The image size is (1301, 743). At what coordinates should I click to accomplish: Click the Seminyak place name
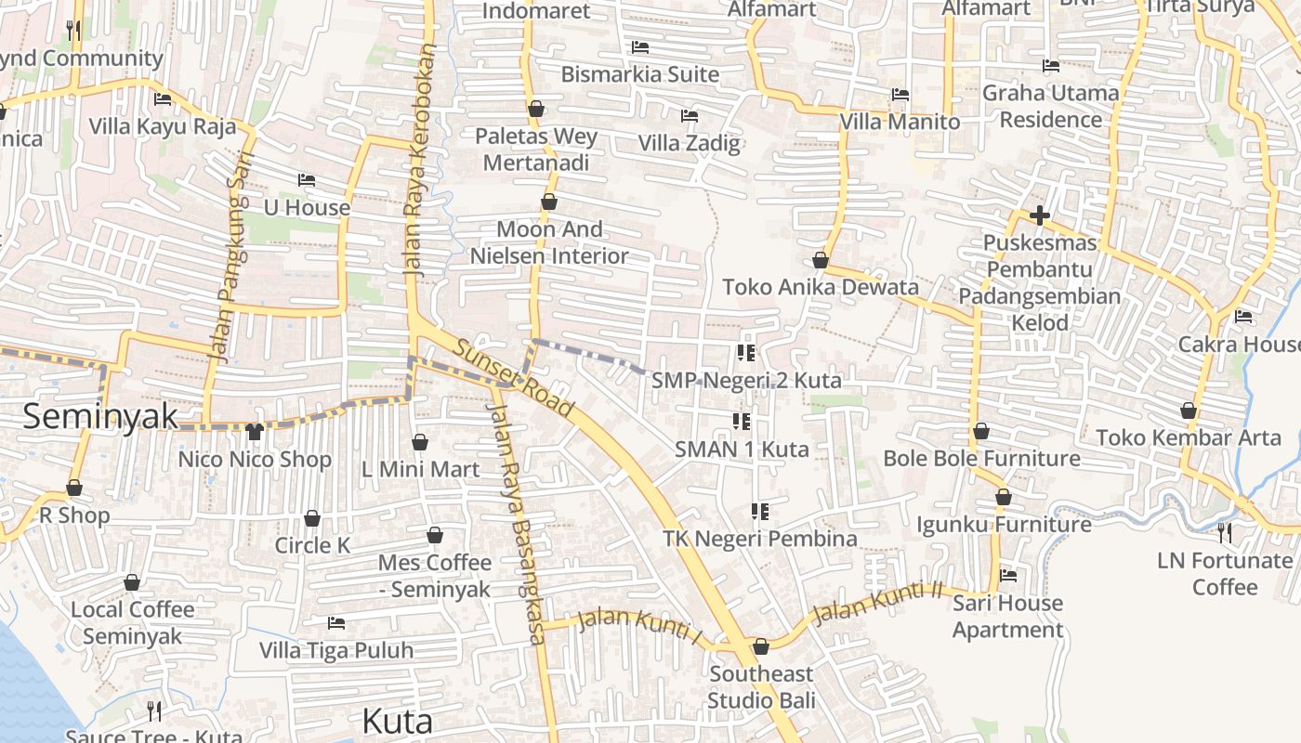click(100, 416)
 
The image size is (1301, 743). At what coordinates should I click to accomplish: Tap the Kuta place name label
click(397, 721)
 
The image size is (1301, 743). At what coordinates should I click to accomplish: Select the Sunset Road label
click(514, 378)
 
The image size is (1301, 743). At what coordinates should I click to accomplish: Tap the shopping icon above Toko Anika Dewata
click(820, 260)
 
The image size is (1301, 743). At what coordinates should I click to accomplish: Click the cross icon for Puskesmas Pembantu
click(1040, 216)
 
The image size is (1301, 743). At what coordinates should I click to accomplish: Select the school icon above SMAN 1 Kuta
click(741, 423)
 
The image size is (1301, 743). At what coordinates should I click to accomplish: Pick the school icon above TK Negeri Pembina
click(759, 512)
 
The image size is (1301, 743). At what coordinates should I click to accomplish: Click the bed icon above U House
click(307, 180)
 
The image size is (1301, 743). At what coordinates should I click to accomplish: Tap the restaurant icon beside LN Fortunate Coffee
click(1225, 533)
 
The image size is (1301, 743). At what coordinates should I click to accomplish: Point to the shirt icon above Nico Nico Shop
click(255, 432)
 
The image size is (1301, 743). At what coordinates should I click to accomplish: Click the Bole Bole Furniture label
click(981, 458)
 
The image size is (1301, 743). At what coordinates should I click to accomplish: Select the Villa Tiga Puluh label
click(336, 650)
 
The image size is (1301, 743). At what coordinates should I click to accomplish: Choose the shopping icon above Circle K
click(312, 518)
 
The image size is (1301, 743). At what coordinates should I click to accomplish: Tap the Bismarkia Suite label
click(640, 74)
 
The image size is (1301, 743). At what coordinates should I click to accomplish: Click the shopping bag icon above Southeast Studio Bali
click(761, 646)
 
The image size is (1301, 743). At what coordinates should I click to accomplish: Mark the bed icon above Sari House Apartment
click(1008, 576)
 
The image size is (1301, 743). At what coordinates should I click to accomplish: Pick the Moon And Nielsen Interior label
click(549, 242)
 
